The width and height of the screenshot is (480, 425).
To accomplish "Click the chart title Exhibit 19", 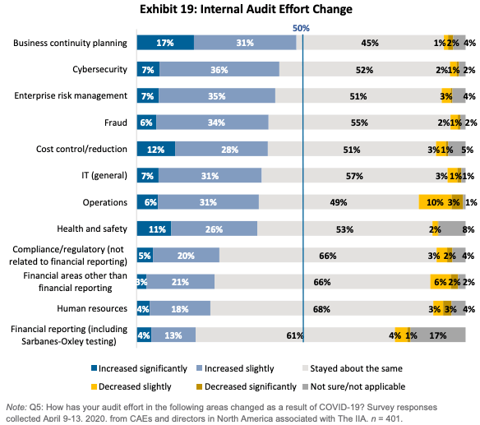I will coord(246,9).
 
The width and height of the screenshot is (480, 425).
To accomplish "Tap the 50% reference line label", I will coord(301,27).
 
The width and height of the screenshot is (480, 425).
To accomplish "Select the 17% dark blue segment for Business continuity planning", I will coord(165,43).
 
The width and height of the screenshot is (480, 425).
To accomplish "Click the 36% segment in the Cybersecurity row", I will coord(219,70).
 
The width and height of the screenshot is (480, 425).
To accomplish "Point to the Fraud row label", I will coord(114,122).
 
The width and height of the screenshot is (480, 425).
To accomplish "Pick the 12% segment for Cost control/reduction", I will coord(155,149).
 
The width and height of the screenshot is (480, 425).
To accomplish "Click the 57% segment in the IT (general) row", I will coord(354,175).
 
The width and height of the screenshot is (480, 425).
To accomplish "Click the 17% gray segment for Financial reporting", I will coord(438,335).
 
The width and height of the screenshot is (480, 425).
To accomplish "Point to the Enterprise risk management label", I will coord(71,96).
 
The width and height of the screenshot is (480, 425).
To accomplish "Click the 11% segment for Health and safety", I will coord(154,229).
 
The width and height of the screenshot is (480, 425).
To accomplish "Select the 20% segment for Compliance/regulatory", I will coord(186,255).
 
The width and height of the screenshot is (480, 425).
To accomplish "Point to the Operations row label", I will coord(104,202).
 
